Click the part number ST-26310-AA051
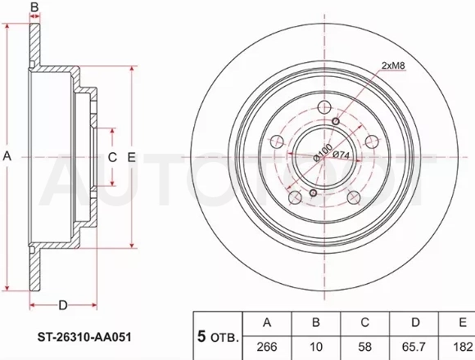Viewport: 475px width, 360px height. point(84,337)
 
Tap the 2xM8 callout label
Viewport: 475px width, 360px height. point(393,65)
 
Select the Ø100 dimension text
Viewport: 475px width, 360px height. point(323,153)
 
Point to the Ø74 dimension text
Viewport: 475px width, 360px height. point(342,155)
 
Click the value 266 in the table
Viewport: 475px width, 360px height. point(267,347)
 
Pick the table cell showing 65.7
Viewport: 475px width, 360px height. point(414,347)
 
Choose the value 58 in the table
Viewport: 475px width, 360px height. point(364,347)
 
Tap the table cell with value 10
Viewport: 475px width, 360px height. point(315,347)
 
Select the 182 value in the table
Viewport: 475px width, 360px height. point(463,347)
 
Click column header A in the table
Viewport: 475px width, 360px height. point(267,322)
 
